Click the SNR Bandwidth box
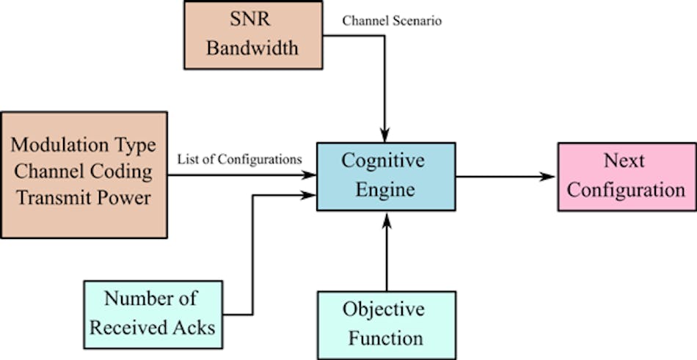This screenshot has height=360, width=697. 252,34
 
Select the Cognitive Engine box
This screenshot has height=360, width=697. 386,177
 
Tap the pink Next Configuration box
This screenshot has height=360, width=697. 627,177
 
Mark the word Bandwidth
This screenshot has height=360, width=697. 252,49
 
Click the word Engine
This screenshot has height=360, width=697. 386,191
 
